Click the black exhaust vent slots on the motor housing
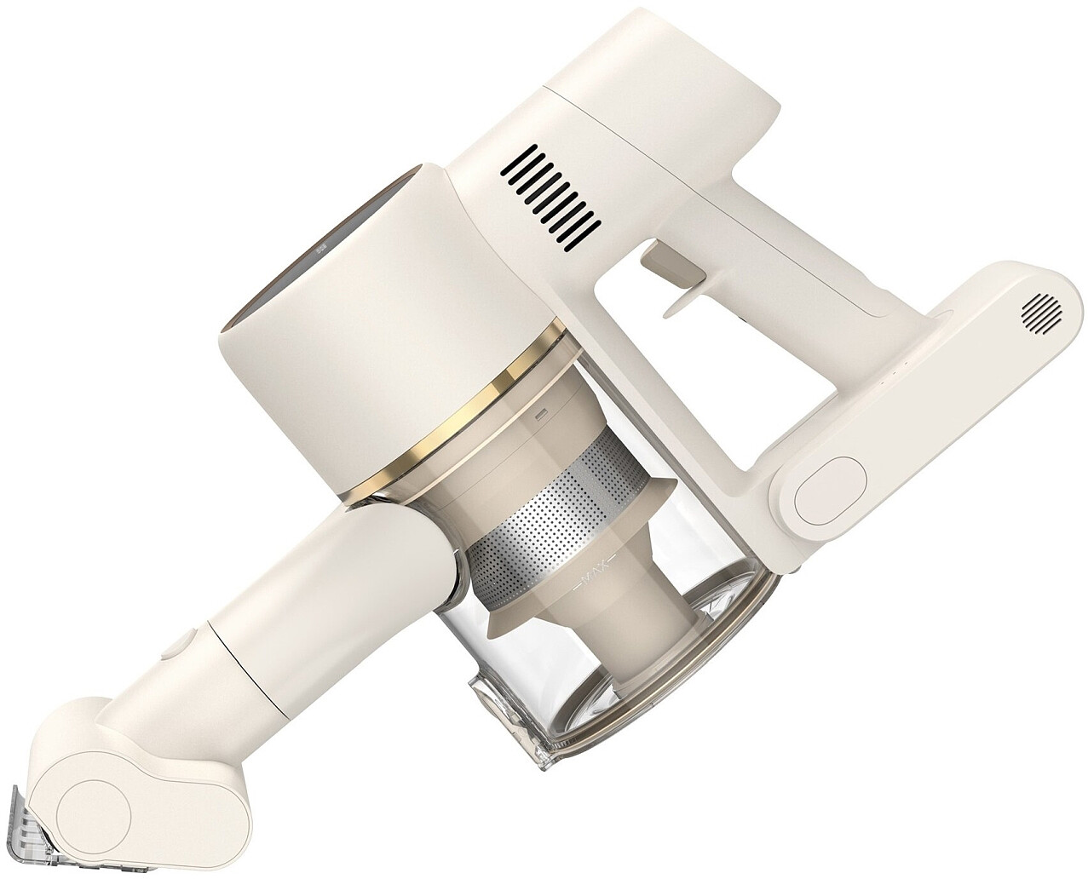point(550,198)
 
